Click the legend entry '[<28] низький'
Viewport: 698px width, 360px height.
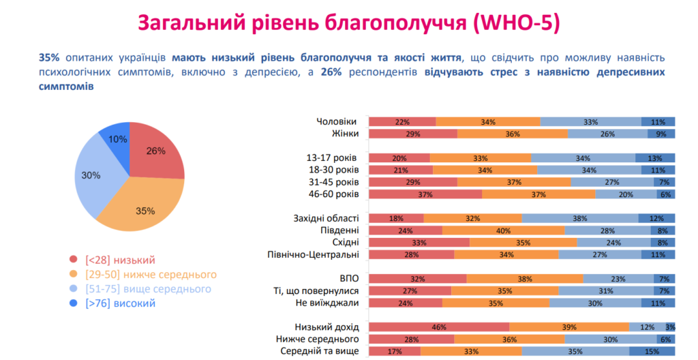120,260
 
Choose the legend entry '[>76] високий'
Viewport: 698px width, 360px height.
120,303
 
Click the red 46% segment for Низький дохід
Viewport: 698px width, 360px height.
439,327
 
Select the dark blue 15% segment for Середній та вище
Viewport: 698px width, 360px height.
652,352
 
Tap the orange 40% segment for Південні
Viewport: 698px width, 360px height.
503,230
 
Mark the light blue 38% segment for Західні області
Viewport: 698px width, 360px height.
579,218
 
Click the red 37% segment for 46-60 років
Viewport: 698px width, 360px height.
425,194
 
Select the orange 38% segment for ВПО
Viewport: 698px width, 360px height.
525,279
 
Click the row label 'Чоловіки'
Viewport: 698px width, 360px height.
336,121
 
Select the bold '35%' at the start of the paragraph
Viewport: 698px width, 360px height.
50,58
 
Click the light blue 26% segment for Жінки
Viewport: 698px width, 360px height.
607,134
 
